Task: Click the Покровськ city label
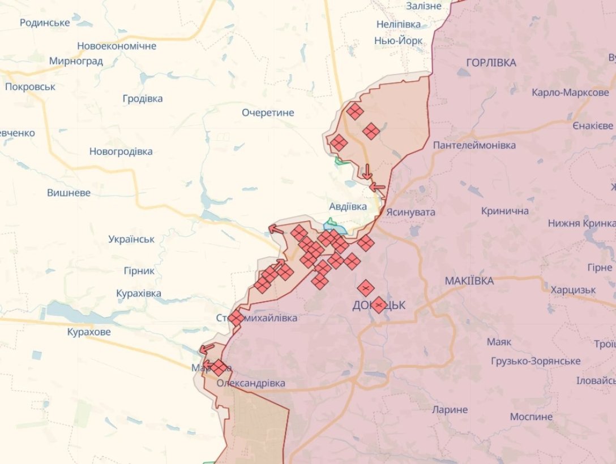pos(31,86)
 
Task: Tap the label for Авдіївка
pos(348,206)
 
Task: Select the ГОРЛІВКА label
pos(491,63)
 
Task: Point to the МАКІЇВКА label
pos(469,281)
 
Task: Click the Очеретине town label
pos(268,112)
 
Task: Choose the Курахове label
pos(88,332)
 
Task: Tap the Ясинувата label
pos(410,212)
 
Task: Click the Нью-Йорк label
pos(398,41)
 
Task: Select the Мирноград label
pos(76,61)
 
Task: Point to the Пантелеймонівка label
pos(474,145)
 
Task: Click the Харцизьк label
pos(573,289)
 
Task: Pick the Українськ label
pos(131,239)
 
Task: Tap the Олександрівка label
pos(251,383)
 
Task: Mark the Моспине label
pos(531,417)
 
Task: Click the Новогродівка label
pos(121,151)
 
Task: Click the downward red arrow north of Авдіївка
pos(367,171)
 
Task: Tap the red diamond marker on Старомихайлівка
pos(236,318)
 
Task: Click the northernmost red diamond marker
pos(355,111)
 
